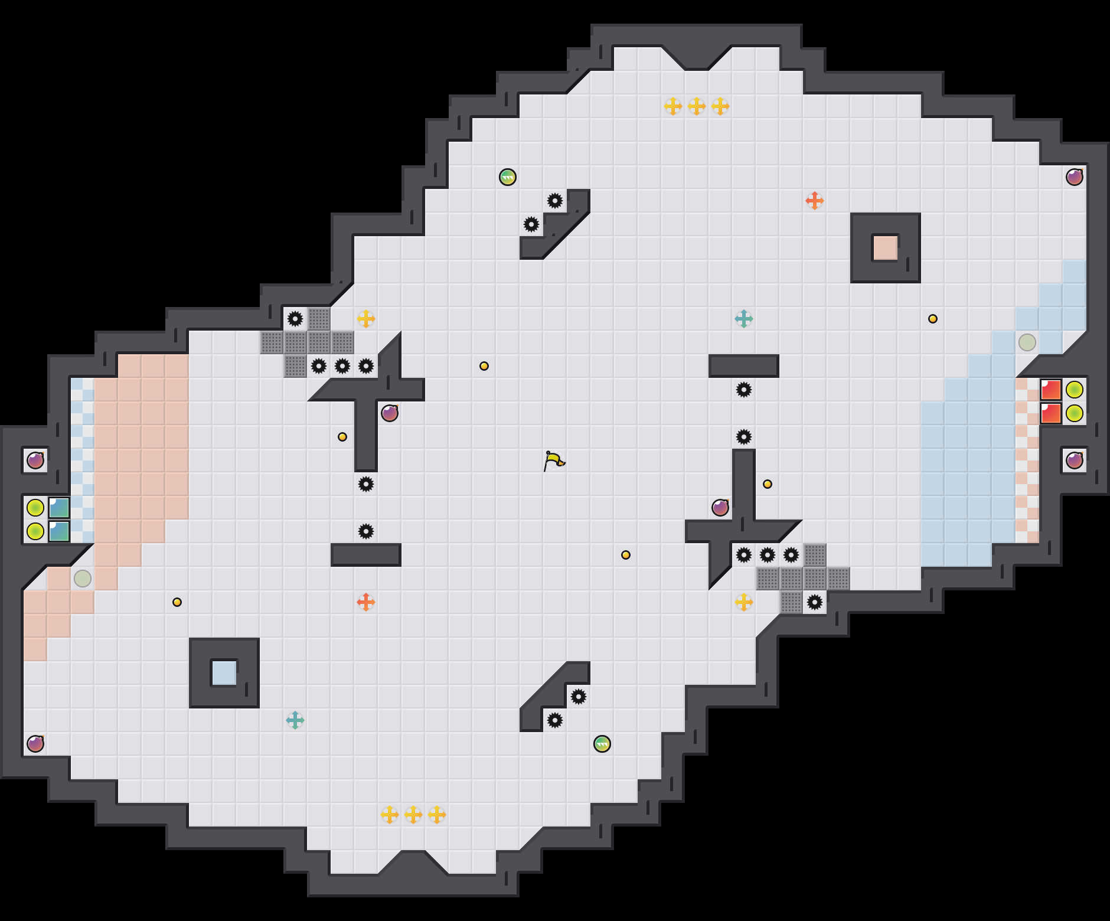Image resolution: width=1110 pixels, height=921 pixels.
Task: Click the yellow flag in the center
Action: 554,460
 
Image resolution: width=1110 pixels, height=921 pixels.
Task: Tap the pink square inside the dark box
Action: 885,248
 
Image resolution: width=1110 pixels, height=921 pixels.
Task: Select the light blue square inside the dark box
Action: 224,673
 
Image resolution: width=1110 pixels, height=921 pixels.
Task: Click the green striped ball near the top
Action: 508,177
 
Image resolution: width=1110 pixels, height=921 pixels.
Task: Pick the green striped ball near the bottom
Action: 602,744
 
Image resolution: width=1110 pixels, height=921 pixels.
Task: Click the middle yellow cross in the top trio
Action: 697,106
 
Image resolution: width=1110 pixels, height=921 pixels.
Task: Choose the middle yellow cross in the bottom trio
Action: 413,815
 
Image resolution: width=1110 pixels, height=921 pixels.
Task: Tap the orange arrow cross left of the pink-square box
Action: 815,201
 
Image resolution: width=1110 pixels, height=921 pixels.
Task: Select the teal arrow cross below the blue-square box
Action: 295,720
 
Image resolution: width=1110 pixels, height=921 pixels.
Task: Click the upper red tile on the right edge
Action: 1051,390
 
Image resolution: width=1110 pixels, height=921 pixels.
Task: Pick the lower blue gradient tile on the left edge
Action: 59,531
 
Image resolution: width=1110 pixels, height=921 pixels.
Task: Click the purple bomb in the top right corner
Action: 1075,177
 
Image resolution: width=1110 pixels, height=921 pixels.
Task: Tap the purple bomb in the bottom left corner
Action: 35,744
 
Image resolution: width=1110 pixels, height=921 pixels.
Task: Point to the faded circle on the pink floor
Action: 83,579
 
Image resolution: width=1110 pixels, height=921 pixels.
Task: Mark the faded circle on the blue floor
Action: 1027,342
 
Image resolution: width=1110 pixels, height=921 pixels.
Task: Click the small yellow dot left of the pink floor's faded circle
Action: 177,602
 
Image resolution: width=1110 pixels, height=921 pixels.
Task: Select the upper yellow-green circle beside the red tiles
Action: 1075,390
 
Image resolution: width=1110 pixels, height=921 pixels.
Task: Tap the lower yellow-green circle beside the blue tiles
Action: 35,531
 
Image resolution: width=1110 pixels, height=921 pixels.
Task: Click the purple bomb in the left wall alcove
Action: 35,460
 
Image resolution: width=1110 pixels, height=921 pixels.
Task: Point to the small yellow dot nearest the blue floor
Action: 933,319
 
